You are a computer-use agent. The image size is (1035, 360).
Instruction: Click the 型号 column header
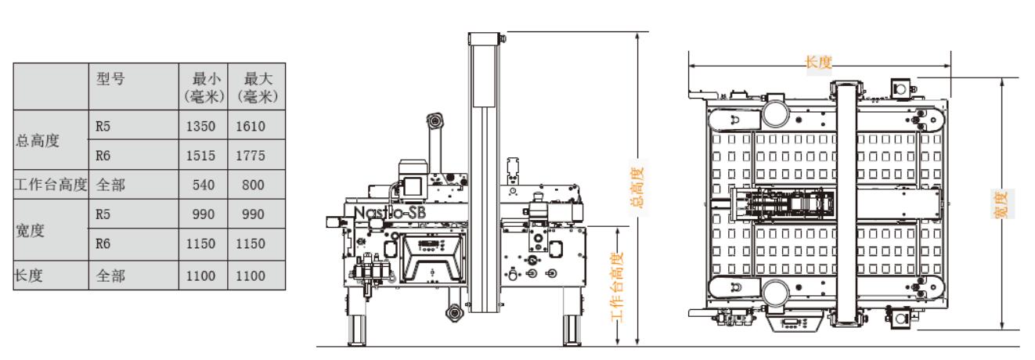[110, 78]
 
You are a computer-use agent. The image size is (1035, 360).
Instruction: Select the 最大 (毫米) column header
[257, 87]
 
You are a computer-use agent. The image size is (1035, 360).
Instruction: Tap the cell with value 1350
[200, 126]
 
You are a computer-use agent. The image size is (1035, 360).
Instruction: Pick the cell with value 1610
[251, 126]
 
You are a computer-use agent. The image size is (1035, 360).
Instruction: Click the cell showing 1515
[200, 155]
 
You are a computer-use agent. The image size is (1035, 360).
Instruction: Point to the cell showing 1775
[251, 155]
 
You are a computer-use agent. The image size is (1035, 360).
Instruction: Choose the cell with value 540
[204, 185]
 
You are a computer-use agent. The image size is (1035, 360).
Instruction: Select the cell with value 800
[253, 185]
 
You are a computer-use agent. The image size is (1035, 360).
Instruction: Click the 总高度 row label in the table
[38, 141]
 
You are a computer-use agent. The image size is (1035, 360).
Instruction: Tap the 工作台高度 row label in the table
[51, 185]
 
